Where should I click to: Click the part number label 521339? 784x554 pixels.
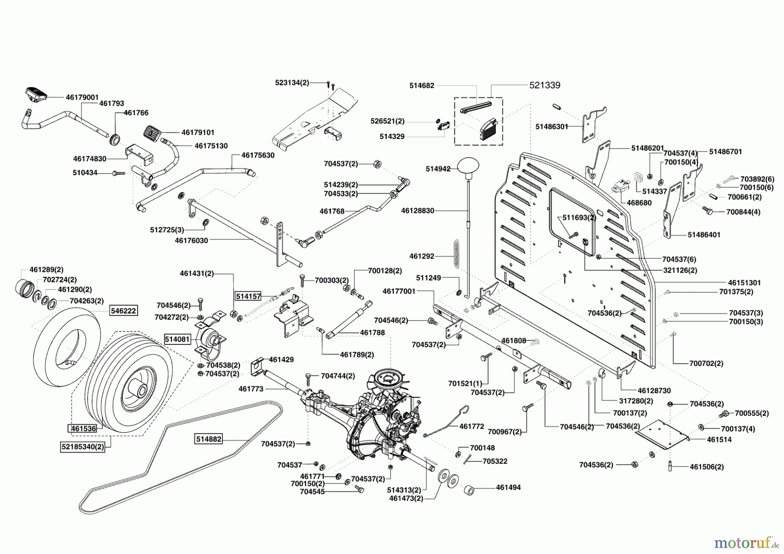click(x=544, y=85)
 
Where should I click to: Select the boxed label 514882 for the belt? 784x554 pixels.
click(x=208, y=439)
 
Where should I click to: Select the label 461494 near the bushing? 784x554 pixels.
click(x=508, y=487)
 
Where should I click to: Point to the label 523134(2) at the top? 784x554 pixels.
click(x=292, y=82)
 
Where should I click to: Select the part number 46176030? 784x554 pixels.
click(x=191, y=240)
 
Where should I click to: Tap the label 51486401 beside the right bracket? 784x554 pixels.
click(x=704, y=235)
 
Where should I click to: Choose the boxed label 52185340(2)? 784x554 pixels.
click(x=83, y=446)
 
